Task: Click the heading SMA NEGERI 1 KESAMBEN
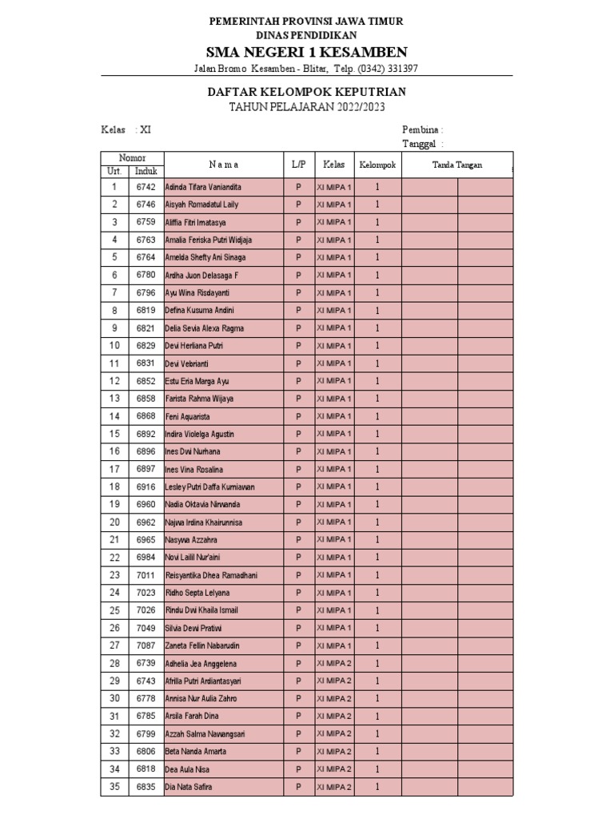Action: tap(307, 53)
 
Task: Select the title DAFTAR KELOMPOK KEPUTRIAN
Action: tap(307, 93)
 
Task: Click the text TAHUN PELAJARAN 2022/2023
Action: tap(307, 108)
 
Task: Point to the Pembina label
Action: tap(422, 129)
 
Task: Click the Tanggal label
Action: tap(421, 144)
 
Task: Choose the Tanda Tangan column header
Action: tap(457, 165)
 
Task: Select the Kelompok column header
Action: tap(377, 165)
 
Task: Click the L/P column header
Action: tap(298, 165)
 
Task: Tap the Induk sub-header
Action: tap(146, 171)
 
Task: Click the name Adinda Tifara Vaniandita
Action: tap(203, 187)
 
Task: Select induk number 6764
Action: tap(146, 257)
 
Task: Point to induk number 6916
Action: tap(146, 486)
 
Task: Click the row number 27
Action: tap(114, 645)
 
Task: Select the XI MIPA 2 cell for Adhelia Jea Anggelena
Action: tap(334, 663)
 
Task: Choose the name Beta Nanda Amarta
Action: tap(195, 752)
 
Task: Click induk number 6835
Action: tap(146, 787)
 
